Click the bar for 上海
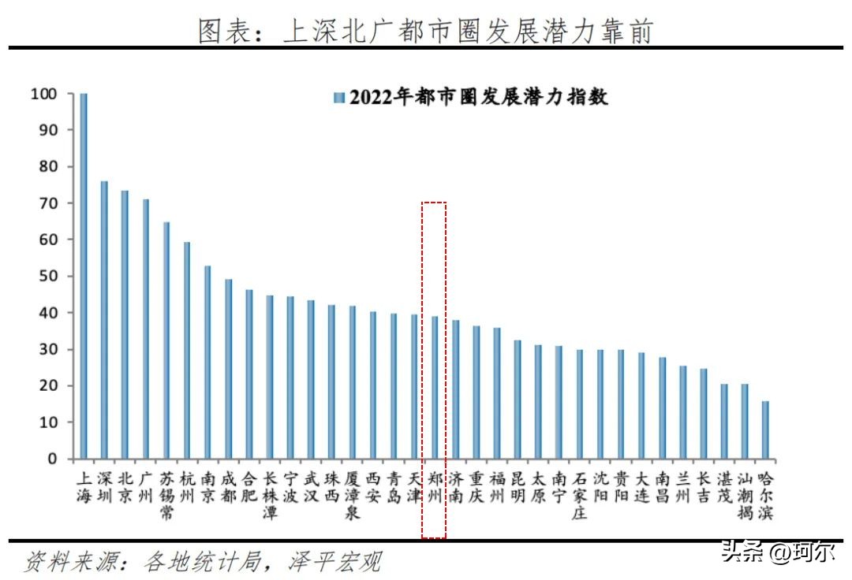click(84, 276)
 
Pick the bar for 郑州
click(435, 387)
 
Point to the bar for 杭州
click(187, 350)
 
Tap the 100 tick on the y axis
click(43, 94)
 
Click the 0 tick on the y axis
click(52, 459)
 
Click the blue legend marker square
click(340, 98)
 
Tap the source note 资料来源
click(204, 562)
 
